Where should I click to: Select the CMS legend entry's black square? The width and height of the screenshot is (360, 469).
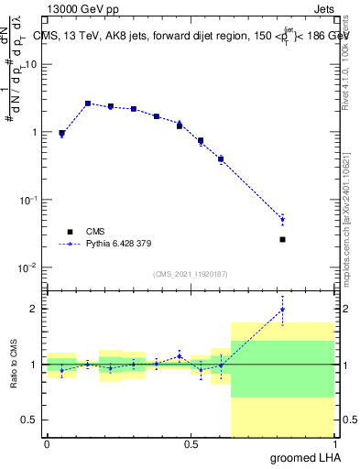pyautogui.click(x=69, y=232)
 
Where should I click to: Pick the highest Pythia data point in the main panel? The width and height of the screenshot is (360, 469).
pyautogui.click(x=88, y=104)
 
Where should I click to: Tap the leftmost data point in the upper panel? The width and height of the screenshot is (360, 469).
pyautogui.click(x=61, y=134)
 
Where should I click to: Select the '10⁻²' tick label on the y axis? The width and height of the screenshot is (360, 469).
pyautogui.click(x=27, y=267)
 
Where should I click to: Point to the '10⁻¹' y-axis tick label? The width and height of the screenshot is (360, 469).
pyautogui.click(x=27, y=200)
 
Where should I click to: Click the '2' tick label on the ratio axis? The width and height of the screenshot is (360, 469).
pyautogui.click(x=34, y=309)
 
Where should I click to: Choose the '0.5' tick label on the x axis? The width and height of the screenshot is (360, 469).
pyautogui.click(x=191, y=444)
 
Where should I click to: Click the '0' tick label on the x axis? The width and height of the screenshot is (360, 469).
pyautogui.click(x=47, y=444)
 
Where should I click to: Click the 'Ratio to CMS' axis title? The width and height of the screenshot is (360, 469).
pyautogui.click(x=12, y=365)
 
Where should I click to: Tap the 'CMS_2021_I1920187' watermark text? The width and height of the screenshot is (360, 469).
pyautogui.click(x=191, y=274)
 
